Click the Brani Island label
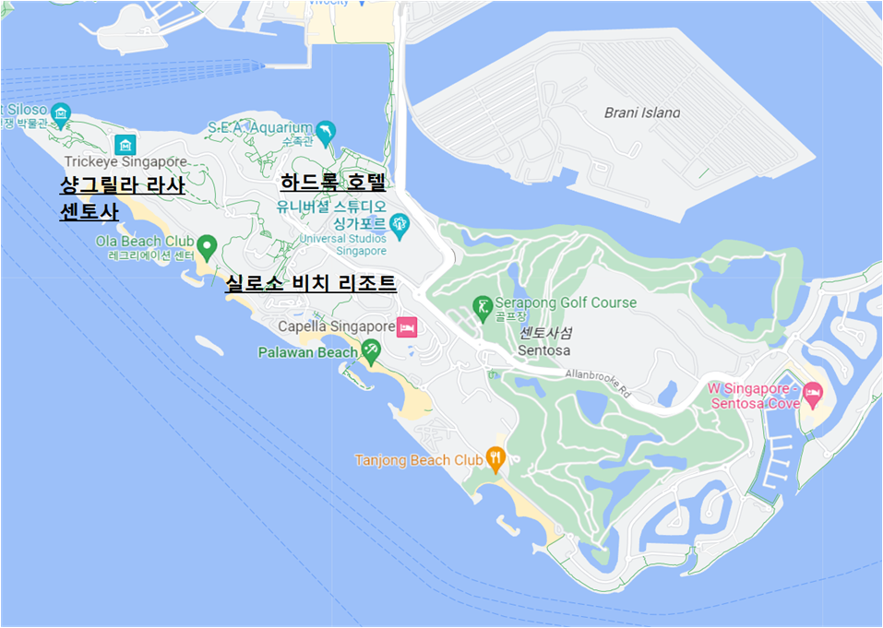click(641, 113)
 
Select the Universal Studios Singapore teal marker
click(399, 222)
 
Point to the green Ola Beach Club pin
click(208, 246)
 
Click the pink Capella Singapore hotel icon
click(407, 326)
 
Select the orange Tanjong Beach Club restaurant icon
click(495, 457)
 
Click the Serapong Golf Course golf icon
click(482, 306)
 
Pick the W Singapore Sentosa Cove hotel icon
click(812, 395)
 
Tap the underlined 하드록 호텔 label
click(332, 182)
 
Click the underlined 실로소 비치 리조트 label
click(311, 283)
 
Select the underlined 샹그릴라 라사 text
click(122, 185)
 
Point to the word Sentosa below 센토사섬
click(543, 350)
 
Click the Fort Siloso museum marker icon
click(61, 113)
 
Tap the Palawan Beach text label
click(307, 352)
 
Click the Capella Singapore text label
click(336, 326)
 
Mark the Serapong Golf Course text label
click(567, 302)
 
